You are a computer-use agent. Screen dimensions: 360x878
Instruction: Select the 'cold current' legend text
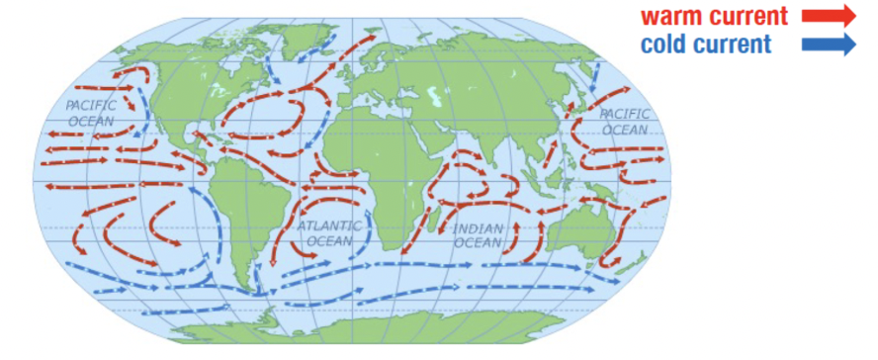(705, 45)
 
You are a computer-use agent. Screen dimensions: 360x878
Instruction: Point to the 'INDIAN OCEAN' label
(479, 235)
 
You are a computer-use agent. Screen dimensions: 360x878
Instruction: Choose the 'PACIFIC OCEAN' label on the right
(625, 122)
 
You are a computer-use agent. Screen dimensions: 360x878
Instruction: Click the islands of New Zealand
(633, 262)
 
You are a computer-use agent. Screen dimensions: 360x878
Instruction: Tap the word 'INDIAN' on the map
(479, 228)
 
